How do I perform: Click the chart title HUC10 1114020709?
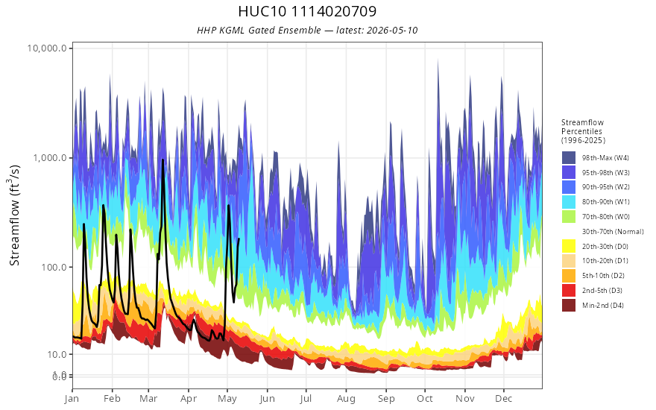(x=307, y=11)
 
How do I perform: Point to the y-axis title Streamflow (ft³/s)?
(x=15, y=215)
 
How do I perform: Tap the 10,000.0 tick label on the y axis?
(x=47, y=48)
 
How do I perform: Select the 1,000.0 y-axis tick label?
(x=50, y=158)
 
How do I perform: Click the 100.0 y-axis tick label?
(x=54, y=267)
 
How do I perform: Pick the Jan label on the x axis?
(x=72, y=399)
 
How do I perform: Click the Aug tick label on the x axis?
(x=346, y=399)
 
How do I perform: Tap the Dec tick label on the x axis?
(x=504, y=399)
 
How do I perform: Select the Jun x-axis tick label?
(x=267, y=399)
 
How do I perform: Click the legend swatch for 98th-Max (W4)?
(x=569, y=158)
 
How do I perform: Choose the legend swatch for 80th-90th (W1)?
(x=569, y=202)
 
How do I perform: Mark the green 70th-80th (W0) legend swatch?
(x=569, y=217)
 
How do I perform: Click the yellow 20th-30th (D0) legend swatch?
(x=569, y=247)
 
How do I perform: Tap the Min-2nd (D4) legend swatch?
(x=569, y=306)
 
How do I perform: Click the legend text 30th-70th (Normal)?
(x=613, y=232)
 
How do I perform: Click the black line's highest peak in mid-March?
(x=163, y=160)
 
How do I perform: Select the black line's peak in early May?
(x=228, y=206)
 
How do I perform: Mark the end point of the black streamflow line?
(x=239, y=239)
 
